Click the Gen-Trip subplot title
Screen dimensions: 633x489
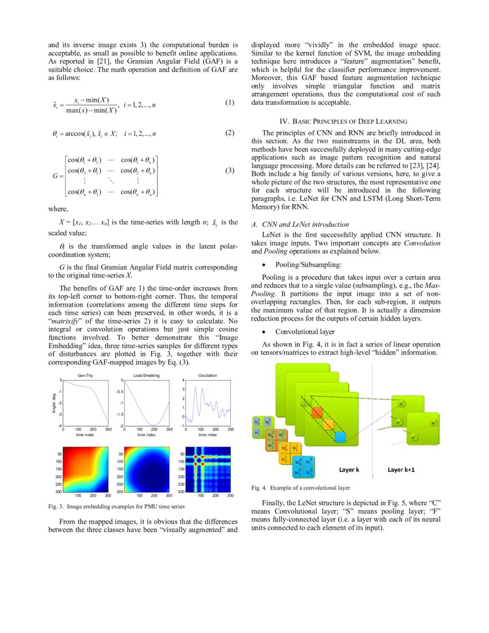click(x=85, y=375)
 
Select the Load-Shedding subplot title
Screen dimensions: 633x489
click(x=146, y=375)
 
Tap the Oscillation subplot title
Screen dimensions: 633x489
click(x=207, y=375)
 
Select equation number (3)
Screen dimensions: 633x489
click(x=230, y=171)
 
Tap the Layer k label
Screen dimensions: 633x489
click(x=349, y=470)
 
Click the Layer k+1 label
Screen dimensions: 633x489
click(x=401, y=470)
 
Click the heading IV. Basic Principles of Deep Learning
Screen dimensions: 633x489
click(x=343, y=121)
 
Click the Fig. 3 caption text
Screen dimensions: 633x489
click(x=117, y=507)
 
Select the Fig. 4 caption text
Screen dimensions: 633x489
click(x=300, y=487)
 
